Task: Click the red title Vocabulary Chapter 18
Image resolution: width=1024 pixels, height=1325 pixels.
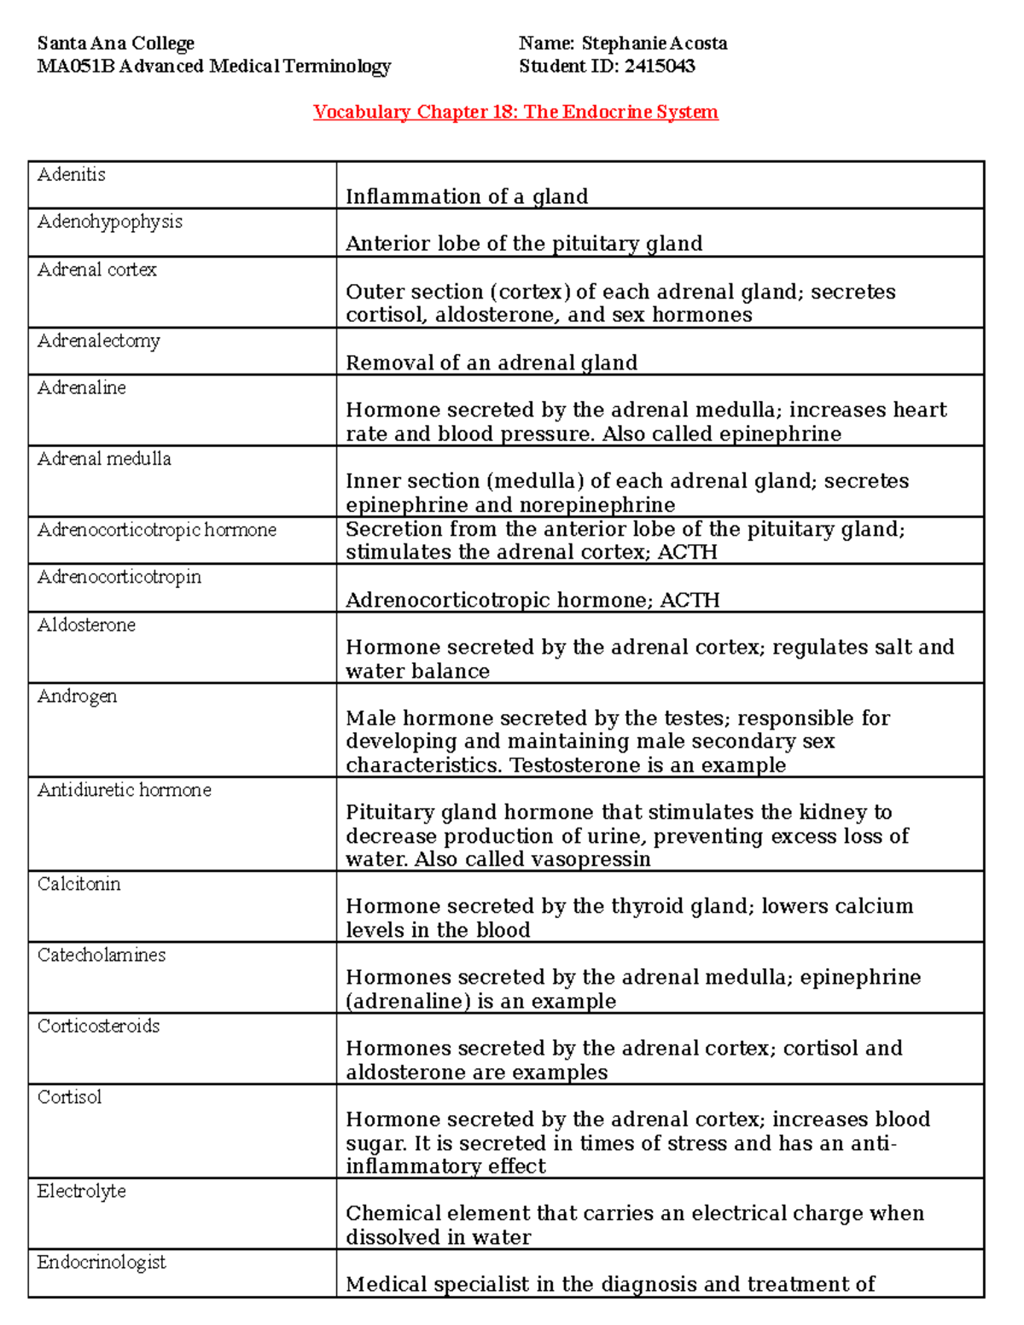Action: pyautogui.click(x=515, y=112)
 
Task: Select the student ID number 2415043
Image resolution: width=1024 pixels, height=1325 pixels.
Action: pyautogui.click(x=659, y=67)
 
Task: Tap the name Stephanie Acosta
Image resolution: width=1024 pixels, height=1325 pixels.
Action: pyautogui.click(x=655, y=44)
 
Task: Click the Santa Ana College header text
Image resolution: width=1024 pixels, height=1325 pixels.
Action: pyautogui.click(x=116, y=44)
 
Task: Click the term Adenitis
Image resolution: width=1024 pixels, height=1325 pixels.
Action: pyautogui.click(x=72, y=175)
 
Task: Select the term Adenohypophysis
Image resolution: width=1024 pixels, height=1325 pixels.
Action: pyautogui.click(x=110, y=222)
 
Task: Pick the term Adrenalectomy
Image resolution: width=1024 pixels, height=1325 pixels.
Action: pyautogui.click(x=99, y=341)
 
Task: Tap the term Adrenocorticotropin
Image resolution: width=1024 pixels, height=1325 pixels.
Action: pyautogui.click(x=119, y=578)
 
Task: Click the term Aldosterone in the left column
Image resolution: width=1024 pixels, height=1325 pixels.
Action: pyautogui.click(x=86, y=625)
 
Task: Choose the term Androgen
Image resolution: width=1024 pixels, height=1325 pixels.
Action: pyautogui.click(x=78, y=696)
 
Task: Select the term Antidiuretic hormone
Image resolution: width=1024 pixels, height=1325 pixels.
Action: pyautogui.click(x=125, y=790)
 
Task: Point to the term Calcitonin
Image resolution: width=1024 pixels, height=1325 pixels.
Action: pyautogui.click(x=79, y=885)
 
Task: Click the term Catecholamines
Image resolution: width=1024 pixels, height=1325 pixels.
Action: pyautogui.click(x=102, y=956)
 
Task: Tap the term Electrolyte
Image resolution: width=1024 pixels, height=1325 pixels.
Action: pyautogui.click(x=82, y=1192)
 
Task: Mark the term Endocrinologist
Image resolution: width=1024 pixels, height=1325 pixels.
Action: pyautogui.click(x=102, y=1263)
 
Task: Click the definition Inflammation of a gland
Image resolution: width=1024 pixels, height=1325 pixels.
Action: pyautogui.click(x=467, y=197)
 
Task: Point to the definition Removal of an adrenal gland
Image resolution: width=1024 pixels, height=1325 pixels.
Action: pyautogui.click(x=492, y=363)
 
